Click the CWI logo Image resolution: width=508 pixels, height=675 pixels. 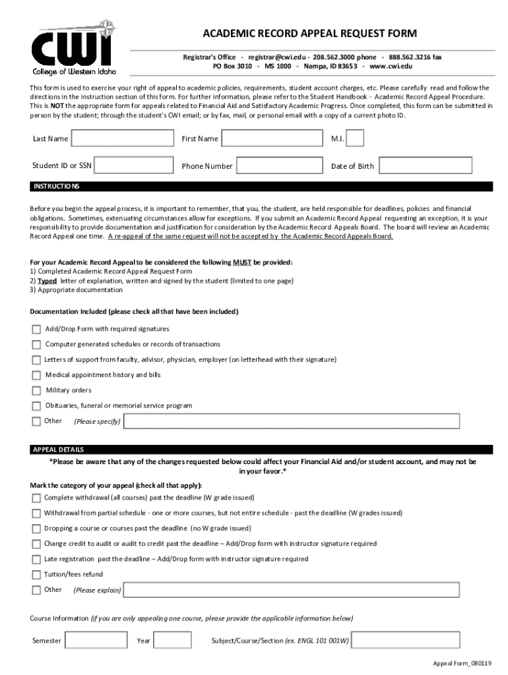72,47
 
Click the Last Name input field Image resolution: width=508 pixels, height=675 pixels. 121,138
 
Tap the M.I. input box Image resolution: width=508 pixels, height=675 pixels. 354,138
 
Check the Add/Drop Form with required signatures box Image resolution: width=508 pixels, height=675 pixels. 36,329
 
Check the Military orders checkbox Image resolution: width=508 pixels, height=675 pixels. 36,390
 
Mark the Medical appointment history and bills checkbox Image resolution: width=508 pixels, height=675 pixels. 36,375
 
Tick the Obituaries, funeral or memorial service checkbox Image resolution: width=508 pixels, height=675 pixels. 36,405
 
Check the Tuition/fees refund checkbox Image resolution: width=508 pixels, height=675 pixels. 36,575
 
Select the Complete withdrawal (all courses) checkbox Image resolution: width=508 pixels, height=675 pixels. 36,498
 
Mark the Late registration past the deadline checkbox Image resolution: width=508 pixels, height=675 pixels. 36,560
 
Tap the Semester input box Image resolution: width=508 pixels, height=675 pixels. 92,641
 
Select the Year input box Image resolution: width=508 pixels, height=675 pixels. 173,641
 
